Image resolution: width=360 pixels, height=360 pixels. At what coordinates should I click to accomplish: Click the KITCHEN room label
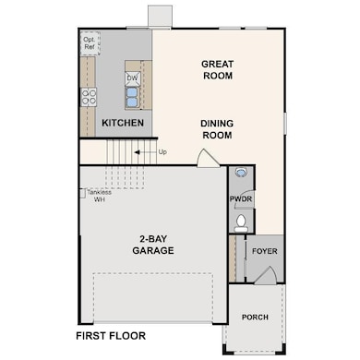click(x=123, y=123)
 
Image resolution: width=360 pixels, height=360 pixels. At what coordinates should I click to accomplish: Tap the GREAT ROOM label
click(x=218, y=70)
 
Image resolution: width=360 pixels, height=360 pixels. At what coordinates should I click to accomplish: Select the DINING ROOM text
click(x=217, y=129)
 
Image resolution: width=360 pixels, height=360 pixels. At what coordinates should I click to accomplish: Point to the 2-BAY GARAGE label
click(x=153, y=245)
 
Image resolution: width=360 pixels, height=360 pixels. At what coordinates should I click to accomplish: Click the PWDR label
click(x=241, y=198)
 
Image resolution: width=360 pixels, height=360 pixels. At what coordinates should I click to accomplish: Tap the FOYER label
click(x=265, y=251)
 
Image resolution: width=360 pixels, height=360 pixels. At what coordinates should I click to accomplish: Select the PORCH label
click(x=255, y=317)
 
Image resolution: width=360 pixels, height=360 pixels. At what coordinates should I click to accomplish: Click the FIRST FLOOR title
click(x=111, y=336)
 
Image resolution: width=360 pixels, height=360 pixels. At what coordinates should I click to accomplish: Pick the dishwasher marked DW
click(x=133, y=78)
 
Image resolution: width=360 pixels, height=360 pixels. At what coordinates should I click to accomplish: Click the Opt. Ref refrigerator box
click(x=90, y=43)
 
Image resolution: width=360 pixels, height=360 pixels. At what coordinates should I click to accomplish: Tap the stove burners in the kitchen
click(x=89, y=97)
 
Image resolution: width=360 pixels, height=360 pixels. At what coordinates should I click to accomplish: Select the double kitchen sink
click(x=132, y=98)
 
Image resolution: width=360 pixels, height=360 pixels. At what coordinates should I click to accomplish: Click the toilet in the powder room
click(x=241, y=223)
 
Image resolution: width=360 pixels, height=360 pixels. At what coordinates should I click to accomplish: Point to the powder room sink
click(x=241, y=172)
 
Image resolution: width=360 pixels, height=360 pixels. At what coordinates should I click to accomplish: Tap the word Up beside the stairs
click(x=162, y=152)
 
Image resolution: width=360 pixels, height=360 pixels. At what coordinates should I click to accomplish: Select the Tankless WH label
click(x=100, y=196)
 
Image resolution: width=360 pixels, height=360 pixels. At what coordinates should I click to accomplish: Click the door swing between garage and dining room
click(x=209, y=158)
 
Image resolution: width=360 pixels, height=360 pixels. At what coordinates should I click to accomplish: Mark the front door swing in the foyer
click(x=265, y=275)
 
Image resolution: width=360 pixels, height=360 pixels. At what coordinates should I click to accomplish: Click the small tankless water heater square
click(x=82, y=194)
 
